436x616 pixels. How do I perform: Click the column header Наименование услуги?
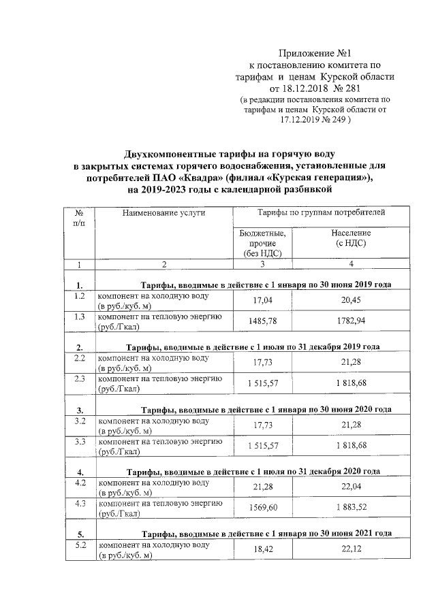coord(163,213)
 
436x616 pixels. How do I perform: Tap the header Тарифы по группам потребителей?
coord(321,213)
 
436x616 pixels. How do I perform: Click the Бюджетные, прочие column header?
coord(262,243)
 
